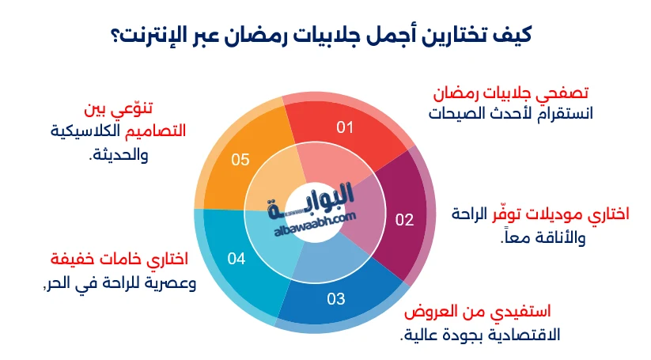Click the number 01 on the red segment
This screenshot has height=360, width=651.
tap(345, 127)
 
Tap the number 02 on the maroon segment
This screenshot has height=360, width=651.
tap(404, 220)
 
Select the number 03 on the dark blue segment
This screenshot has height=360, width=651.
tap(336, 298)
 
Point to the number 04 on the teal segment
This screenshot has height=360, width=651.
tap(237, 259)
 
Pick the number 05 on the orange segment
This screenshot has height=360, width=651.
tap(240, 160)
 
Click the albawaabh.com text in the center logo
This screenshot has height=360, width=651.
tap(315, 224)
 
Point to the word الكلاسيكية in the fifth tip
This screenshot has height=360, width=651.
tap(85, 131)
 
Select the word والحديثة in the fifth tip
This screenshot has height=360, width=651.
tap(119, 155)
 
